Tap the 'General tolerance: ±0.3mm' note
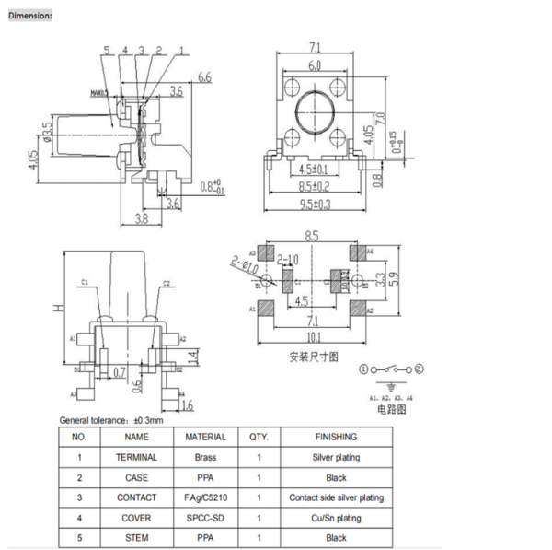pyautogui.click(x=111, y=420)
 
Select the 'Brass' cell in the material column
pyautogui.click(x=206, y=457)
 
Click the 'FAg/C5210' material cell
pyautogui.click(x=206, y=497)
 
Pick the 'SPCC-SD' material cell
pyautogui.click(x=206, y=518)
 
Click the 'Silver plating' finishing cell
pyautogui.click(x=336, y=457)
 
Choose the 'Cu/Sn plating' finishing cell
pyautogui.click(x=336, y=518)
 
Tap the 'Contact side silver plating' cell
pyautogui.click(x=336, y=497)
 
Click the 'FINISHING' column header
pyautogui.click(x=336, y=437)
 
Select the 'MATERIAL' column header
pyautogui.click(x=206, y=437)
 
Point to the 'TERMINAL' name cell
pyautogui.click(x=136, y=457)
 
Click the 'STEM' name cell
pyautogui.click(x=136, y=538)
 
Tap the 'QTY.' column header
pyautogui.click(x=259, y=437)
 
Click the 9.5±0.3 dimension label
pyautogui.click(x=315, y=204)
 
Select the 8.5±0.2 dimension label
pyautogui.click(x=315, y=186)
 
